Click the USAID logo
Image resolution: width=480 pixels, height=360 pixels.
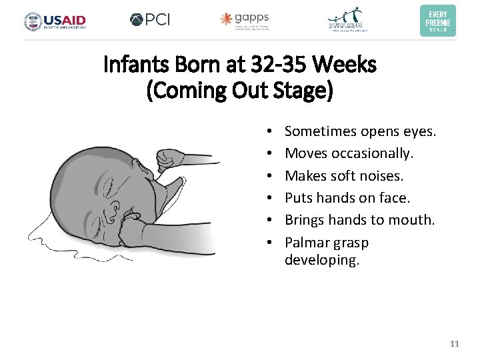coord(55,21)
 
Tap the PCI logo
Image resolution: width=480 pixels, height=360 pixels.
coord(150,20)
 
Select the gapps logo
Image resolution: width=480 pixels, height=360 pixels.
coord(245,20)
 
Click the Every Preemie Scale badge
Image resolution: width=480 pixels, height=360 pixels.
coord(438,21)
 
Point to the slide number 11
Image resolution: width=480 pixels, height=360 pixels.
coord(455,344)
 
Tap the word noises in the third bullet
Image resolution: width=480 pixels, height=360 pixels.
coord(382,176)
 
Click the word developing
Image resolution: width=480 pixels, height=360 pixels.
coord(322,261)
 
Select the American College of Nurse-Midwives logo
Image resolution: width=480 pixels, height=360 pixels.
coord(348,20)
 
